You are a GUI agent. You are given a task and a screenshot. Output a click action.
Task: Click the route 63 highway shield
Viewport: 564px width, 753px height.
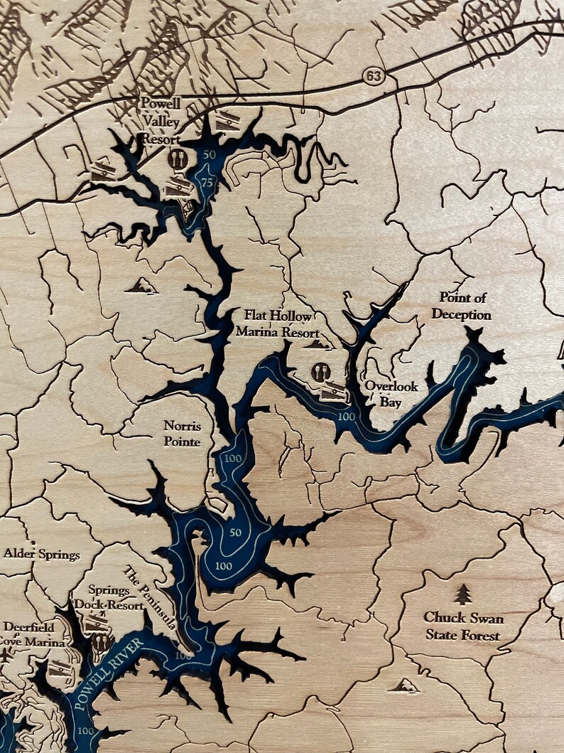(372, 75)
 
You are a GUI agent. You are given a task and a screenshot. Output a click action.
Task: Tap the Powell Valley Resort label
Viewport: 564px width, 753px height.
(161, 121)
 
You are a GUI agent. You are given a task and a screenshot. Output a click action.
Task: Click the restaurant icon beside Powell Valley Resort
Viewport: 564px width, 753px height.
(179, 159)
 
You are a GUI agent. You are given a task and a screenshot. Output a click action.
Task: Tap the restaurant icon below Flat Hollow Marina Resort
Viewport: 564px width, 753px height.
(321, 372)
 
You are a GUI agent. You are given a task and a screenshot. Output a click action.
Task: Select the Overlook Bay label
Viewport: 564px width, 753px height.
(391, 394)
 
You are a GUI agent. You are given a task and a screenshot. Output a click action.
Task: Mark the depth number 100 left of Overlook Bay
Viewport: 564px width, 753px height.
(346, 415)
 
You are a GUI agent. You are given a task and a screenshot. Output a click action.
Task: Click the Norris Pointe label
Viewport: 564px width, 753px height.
(183, 434)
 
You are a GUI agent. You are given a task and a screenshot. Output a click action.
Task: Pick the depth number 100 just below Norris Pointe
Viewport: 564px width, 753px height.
(233, 459)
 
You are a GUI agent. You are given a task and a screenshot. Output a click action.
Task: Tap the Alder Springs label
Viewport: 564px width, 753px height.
(42, 554)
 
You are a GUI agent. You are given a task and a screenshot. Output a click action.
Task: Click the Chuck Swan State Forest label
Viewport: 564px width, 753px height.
(463, 626)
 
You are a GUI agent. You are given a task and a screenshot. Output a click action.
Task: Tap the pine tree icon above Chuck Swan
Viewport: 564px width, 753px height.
(463, 594)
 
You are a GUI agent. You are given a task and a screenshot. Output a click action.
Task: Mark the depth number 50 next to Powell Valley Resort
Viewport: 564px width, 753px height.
(209, 154)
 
